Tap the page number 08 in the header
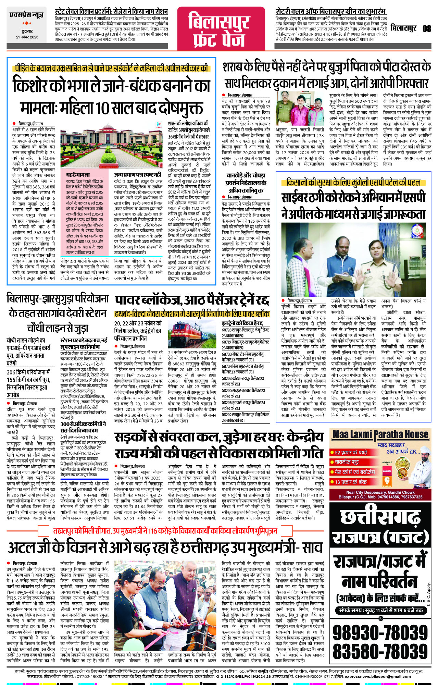click(426, 28)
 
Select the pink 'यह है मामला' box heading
click(78, 175)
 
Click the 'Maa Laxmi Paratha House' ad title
click(380, 435)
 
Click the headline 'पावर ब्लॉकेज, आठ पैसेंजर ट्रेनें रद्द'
click(192, 300)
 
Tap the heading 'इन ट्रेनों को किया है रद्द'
click(242, 323)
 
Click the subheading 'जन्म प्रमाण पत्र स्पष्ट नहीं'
click(137, 175)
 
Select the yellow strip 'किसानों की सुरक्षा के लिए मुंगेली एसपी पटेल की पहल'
click(353, 182)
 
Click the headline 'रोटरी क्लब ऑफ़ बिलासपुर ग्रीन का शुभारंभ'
click(330, 11)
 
